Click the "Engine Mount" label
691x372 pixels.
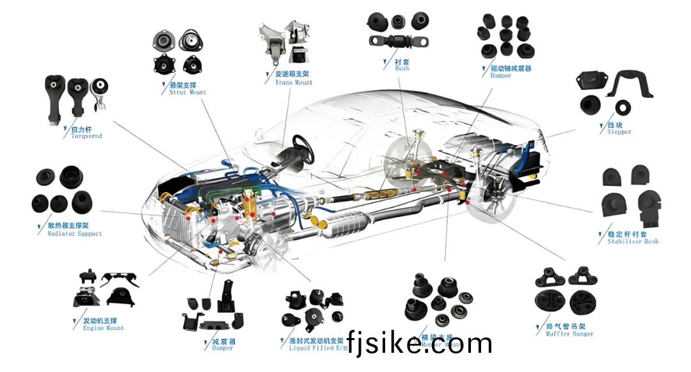coord(103,328)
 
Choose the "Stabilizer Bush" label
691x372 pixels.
coord(632,241)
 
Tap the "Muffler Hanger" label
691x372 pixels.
coord(569,334)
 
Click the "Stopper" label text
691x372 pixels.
coord(619,132)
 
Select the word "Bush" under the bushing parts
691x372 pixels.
coord(402,69)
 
